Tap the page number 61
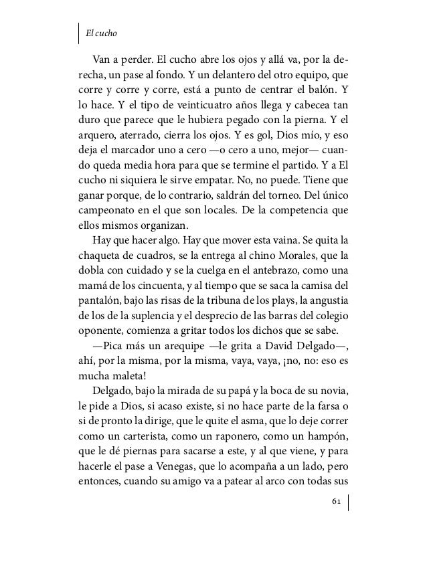[x=336, y=502]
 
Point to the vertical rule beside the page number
[x=349, y=502]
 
